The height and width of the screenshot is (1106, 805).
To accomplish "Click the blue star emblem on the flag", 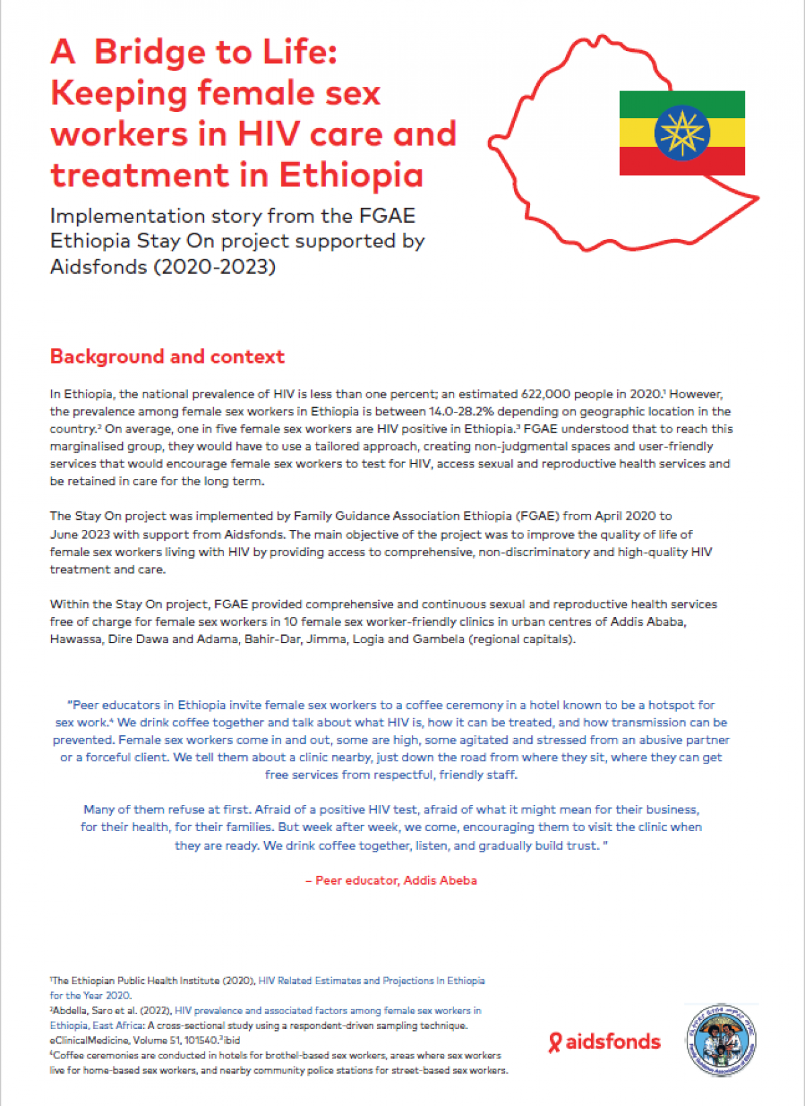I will [x=682, y=132].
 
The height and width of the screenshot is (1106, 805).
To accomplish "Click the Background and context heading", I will [x=167, y=356].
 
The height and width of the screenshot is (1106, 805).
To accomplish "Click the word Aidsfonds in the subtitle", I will [x=99, y=267].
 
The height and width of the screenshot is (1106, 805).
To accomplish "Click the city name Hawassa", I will [x=75, y=639].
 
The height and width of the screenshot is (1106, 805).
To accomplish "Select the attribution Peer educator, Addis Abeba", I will [x=396, y=881].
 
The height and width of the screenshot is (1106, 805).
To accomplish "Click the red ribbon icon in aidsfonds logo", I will [x=555, y=1042].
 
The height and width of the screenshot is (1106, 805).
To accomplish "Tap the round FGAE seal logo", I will [x=721, y=1040].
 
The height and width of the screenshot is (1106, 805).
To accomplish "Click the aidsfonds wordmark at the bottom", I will [x=612, y=1042].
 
